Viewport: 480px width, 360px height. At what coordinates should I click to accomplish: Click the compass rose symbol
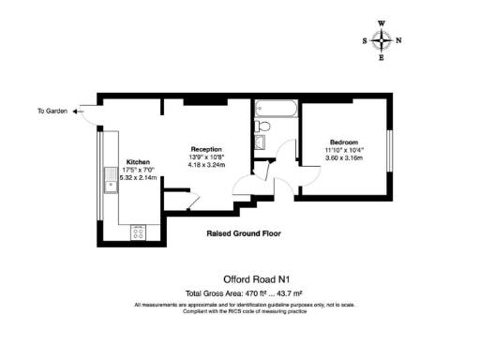tap(382, 39)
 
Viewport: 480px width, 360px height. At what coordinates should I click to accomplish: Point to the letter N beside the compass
tap(398, 40)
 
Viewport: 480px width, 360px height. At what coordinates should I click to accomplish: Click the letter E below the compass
tap(382, 58)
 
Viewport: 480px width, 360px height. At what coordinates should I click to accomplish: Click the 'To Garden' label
tap(52, 112)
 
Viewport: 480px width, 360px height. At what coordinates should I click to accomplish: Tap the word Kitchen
tap(139, 161)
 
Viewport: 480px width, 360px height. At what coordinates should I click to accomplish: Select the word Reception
tap(206, 148)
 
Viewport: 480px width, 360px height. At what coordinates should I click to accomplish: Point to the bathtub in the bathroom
tap(276, 111)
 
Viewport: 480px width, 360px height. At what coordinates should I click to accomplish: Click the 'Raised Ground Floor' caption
tap(243, 233)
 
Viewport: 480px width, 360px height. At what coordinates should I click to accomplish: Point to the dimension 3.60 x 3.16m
tap(344, 157)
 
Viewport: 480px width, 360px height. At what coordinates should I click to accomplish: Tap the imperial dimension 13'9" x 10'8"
tap(206, 157)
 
